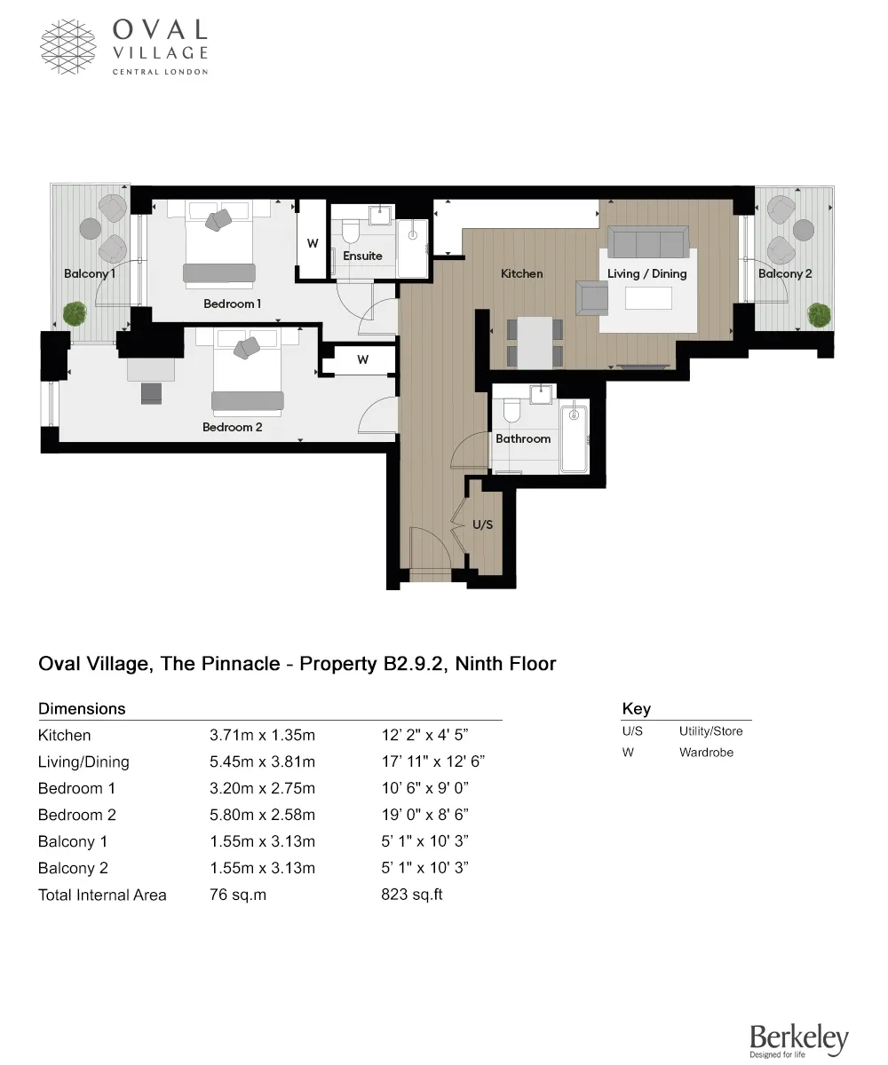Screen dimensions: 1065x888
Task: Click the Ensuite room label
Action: point(362,256)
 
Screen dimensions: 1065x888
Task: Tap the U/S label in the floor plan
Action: point(482,525)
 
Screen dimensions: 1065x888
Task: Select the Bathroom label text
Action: point(523,438)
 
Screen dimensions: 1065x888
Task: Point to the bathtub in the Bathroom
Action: point(575,437)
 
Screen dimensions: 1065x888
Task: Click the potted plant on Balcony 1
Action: point(75,312)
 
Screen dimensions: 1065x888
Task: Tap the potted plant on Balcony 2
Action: point(818,313)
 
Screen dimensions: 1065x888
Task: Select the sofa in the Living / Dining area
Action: point(648,241)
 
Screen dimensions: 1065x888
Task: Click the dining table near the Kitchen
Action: point(535,342)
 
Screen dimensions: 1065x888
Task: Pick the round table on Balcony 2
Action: point(804,230)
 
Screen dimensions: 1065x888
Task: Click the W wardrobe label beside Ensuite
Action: point(313,243)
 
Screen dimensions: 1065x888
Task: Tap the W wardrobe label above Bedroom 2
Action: point(362,359)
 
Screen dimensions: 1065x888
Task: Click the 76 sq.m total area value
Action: point(237,895)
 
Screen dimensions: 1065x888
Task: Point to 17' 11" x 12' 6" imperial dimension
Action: point(432,761)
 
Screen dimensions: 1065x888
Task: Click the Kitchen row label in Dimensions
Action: point(64,735)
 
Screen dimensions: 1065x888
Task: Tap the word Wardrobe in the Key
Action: point(706,753)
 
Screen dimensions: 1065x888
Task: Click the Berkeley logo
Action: point(798,1039)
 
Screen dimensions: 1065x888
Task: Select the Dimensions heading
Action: point(82,708)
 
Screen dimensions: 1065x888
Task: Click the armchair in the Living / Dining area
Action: point(592,298)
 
